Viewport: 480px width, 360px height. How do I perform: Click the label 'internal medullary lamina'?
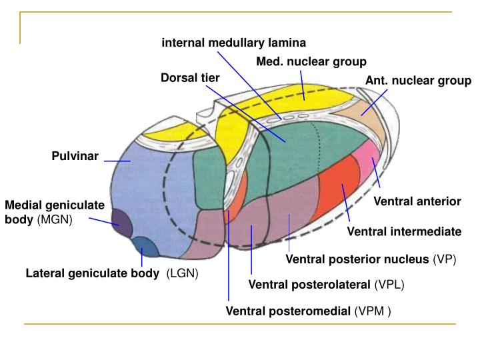tap(234, 43)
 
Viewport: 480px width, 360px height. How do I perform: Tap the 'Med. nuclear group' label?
tap(311, 62)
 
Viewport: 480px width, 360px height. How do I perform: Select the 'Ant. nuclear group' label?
tap(418, 81)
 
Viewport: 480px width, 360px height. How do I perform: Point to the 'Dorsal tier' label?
tap(190, 78)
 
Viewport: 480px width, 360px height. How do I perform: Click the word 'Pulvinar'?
tap(75, 157)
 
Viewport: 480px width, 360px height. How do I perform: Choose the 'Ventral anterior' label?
tap(417, 201)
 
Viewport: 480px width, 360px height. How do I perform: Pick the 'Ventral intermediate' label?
tap(404, 232)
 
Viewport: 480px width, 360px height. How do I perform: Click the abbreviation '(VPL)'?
tap(389, 285)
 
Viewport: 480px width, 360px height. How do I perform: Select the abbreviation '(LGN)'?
tap(183, 274)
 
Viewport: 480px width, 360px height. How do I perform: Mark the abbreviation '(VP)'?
tap(444, 259)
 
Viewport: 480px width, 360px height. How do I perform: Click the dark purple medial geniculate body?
tap(121, 222)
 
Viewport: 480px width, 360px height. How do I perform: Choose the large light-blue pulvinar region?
tap(150, 190)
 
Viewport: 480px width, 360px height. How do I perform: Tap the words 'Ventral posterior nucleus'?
tap(357, 259)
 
